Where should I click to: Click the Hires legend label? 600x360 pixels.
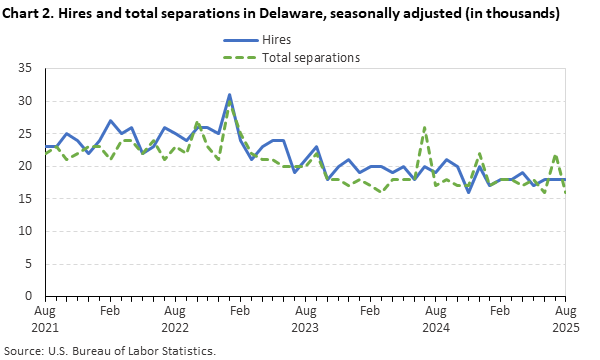tap(277, 40)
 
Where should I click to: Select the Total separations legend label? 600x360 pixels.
tap(311, 57)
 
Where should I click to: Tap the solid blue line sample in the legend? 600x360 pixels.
tap(238, 40)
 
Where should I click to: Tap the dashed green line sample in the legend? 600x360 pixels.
tap(238, 57)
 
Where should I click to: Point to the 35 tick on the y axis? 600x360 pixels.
tap(26, 68)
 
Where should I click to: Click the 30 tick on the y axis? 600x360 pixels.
tap(26, 101)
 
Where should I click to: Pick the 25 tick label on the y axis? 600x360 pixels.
tap(26, 133)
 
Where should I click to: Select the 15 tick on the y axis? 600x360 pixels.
tap(26, 198)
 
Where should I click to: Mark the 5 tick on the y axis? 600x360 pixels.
tap(29, 264)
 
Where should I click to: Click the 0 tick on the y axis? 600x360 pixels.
tap(29, 296)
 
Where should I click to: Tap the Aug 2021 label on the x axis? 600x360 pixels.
tap(45, 319)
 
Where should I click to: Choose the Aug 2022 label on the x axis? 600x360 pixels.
tap(174, 319)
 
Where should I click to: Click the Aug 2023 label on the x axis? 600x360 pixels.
tap(305, 319)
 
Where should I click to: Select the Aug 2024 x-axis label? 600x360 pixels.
tap(435, 319)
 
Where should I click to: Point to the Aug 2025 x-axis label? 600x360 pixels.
tap(565, 319)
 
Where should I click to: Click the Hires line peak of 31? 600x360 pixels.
tap(229, 95)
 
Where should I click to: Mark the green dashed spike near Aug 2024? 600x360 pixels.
tap(425, 127)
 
